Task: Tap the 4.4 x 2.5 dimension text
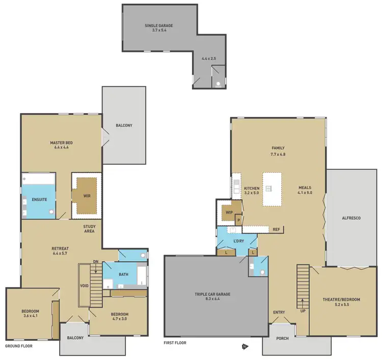pyautogui.click(x=209, y=59)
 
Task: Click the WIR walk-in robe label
pyautogui.click(x=86, y=194)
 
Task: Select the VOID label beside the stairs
pyautogui.click(x=85, y=286)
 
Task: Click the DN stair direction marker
pyautogui.click(x=96, y=262)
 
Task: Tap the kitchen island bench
pyautogui.click(x=272, y=189)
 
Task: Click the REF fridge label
pyautogui.click(x=277, y=229)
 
